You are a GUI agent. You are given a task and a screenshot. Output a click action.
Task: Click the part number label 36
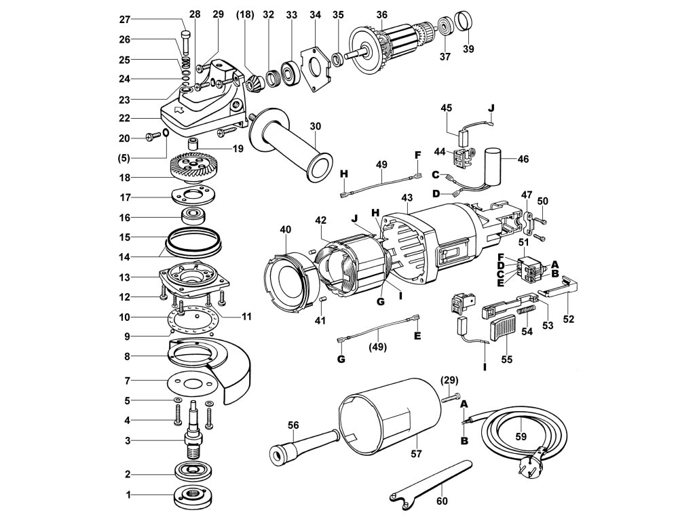381,15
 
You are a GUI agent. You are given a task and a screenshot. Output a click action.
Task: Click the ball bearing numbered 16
193,218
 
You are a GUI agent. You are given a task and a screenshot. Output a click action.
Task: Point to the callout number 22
124,118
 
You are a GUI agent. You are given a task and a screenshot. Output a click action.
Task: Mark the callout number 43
407,197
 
